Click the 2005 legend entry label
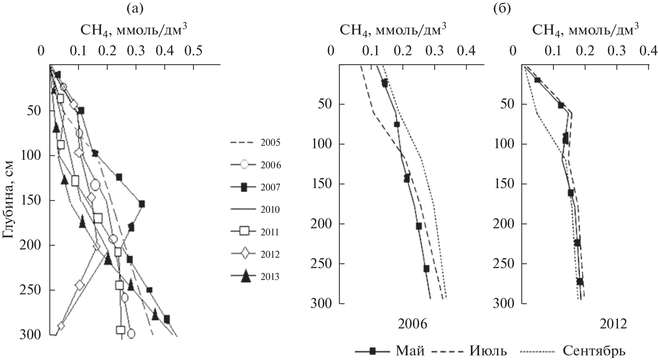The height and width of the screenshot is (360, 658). tap(270, 143)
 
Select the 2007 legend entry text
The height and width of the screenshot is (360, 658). tap(270, 187)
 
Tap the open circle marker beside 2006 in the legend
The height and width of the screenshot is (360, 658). tap(244, 165)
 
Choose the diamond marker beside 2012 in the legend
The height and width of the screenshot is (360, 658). tap(244, 254)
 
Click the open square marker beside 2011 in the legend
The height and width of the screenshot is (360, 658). tap(244, 232)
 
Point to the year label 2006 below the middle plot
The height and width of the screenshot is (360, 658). tap(412, 324)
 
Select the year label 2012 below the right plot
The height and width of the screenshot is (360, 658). tap(613, 324)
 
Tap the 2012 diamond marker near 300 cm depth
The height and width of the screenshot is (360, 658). tap(61, 326)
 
